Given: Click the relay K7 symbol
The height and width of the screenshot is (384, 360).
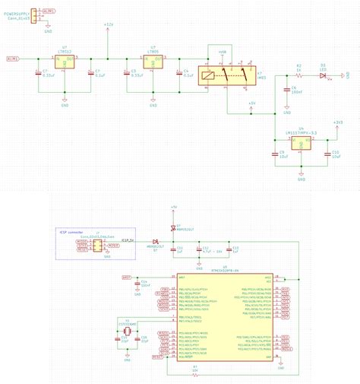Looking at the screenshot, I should click(x=226, y=74).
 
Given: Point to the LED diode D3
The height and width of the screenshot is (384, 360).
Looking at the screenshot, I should click(x=323, y=76).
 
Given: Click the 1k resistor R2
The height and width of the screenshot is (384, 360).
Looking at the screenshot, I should click(x=299, y=76).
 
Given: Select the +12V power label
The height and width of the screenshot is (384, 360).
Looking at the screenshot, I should click(x=108, y=24).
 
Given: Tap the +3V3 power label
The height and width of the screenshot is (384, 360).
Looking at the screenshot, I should click(x=338, y=122).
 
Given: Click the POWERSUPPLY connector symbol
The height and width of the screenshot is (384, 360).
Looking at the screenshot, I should click(x=34, y=17).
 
